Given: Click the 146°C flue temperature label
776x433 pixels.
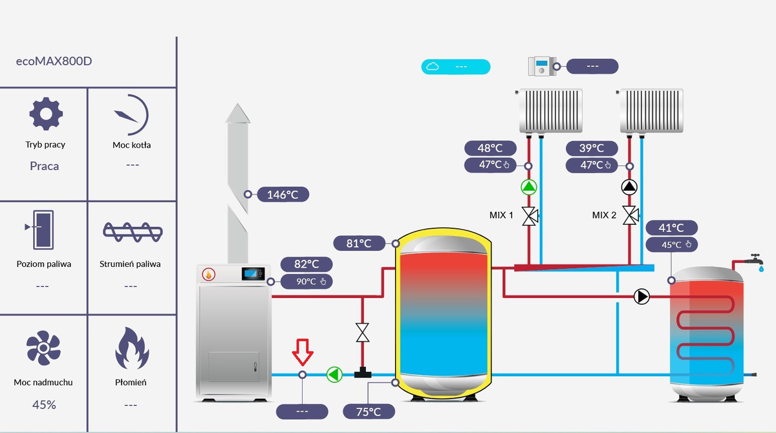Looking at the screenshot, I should click(x=283, y=194).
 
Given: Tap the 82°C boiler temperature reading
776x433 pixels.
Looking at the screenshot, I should click(x=307, y=264).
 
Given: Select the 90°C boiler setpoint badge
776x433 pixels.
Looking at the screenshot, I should click(x=307, y=281).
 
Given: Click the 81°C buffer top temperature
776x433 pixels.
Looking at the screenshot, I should click(x=359, y=243).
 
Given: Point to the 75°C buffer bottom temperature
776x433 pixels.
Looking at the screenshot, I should click(x=368, y=412).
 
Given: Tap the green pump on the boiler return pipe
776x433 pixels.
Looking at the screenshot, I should click(x=334, y=374).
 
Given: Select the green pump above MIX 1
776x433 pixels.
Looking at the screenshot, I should click(x=529, y=187).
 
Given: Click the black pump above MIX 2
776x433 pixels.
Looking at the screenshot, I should click(x=629, y=187).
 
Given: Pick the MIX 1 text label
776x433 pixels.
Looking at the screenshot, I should click(x=501, y=215).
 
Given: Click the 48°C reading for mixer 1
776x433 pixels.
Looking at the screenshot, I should click(x=490, y=148).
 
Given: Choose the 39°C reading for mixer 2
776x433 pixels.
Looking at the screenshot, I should click(x=591, y=148).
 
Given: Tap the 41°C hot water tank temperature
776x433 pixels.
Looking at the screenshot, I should click(x=672, y=227).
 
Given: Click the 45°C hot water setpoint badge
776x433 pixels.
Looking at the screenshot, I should click(x=672, y=244).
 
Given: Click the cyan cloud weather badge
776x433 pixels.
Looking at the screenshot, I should click(x=456, y=67).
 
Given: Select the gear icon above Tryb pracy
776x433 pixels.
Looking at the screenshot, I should click(x=46, y=114).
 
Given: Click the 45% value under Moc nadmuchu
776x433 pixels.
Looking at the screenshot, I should click(x=43, y=405).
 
